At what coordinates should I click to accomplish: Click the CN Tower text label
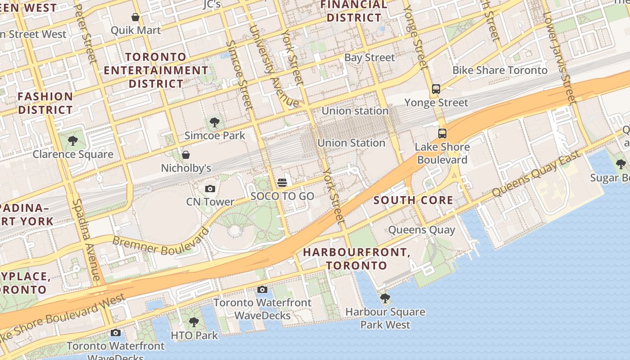(210, 202)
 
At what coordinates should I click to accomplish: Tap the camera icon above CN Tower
(210, 189)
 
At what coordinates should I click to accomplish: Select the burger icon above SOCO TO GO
(282, 183)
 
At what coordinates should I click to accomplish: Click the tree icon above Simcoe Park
(215, 122)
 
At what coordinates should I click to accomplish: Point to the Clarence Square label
(73, 154)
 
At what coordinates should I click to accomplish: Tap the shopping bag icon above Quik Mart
(135, 17)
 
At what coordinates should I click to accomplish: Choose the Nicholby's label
(186, 168)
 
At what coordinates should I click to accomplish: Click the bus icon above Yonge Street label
(436, 89)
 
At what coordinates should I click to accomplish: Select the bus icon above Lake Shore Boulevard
(442, 134)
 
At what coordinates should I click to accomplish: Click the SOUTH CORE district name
(413, 200)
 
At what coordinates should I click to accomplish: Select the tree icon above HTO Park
(194, 322)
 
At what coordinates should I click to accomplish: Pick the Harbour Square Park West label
(385, 318)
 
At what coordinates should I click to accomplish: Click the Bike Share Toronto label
(499, 70)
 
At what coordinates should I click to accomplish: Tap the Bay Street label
(369, 58)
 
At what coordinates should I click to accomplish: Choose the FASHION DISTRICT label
(45, 103)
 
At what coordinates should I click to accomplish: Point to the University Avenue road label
(274, 67)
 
